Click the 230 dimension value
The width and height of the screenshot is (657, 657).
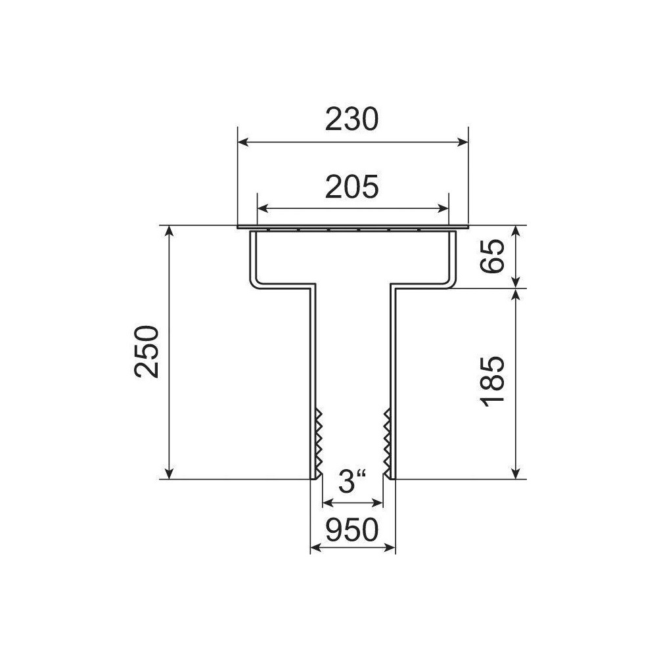[x=352, y=119]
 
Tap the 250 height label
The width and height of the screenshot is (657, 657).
[x=147, y=352]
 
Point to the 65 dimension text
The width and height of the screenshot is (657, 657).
[x=492, y=256]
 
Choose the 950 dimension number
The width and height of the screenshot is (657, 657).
[x=352, y=530]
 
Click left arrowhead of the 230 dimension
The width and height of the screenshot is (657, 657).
[x=242, y=142]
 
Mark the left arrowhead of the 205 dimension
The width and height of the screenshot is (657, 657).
[x=262, y=208]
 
